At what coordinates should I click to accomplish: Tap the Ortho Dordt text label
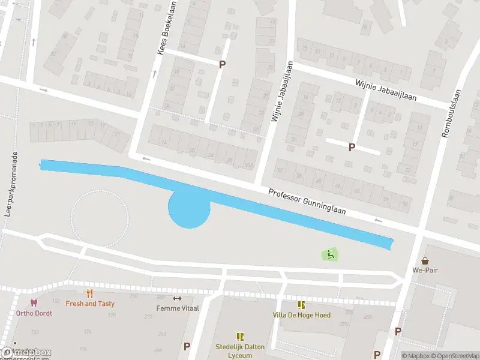click(x=34, y=313)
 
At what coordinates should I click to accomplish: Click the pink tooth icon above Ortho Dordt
click(x=34, y=304)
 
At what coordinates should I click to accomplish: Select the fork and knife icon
click(x=90, y=293)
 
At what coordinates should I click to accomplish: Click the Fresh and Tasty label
click(x=90, y=304)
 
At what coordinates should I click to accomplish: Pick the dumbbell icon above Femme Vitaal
click(x=177, y=298)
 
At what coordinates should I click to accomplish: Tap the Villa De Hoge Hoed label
click(x=301, y=315)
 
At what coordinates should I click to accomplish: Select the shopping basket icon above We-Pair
click(x=425, y=261)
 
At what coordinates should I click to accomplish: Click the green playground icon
click(x=330, y=254)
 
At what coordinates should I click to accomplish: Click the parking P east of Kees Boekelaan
click(x=222, y=64)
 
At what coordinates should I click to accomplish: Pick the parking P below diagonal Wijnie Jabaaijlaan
click(x=352, y=146)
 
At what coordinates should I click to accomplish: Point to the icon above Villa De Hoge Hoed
click(x=301, y=305)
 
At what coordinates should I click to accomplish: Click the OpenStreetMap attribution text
click(x=455, y=356)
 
